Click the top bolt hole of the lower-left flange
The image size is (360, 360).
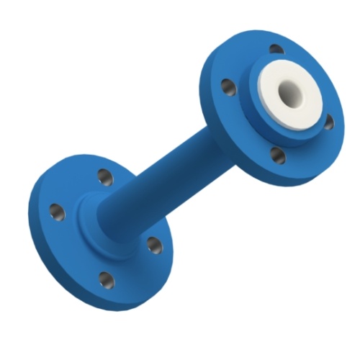click(105, 176)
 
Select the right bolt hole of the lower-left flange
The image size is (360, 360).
click(154, 245)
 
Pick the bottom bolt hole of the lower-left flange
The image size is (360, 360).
click(106, 279)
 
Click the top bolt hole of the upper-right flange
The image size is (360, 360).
click(276, 50)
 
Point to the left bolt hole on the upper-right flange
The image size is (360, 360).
click(228, 87)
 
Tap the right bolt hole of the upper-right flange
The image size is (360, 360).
click(328, 122)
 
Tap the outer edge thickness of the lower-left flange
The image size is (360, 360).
click(43, 245)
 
